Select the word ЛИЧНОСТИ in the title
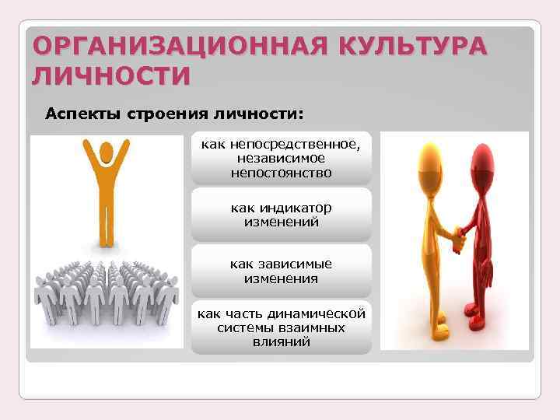111,76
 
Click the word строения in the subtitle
164,114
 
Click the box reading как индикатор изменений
281,215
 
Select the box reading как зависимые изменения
281,271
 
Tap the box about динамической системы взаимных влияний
281,327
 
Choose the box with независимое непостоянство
281,159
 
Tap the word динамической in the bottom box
319,313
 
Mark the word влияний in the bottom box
281,342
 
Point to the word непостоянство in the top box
281,173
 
